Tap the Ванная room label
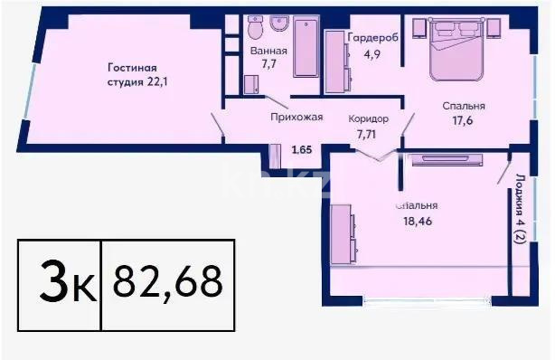click(x=268, y=51)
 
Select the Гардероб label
click(x=369, y=37)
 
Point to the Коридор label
click(x=369, y=118)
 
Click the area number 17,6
click(x=462, y=128)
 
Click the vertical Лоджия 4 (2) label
click(x=522, y=213)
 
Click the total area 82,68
click(x=168, y=282)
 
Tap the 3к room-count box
click(x=60, y=282)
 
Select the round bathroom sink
click(x=278, y=24)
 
